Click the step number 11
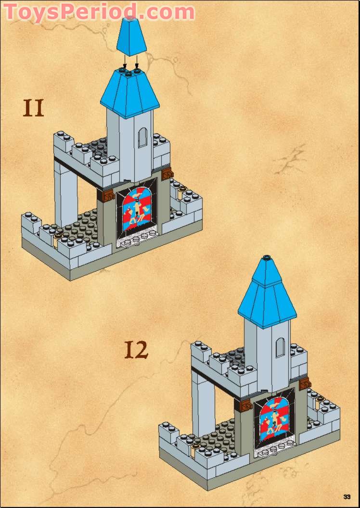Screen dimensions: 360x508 [x=33, y=108]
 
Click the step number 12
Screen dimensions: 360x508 [x=136, y=350]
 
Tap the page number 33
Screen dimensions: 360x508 [x=347, y=496]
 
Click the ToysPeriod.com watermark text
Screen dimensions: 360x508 [x=99, y=13]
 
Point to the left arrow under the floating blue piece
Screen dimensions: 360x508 [x=125, y=62]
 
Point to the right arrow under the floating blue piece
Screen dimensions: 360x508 [x=137, y=62]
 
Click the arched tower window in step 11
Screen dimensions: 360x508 [x=142, y=138]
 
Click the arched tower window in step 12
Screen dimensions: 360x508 [x=280, y=348]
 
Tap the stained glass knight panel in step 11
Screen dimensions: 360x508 [x=137, y=209]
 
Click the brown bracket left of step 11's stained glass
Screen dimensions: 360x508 [x=107, y=195]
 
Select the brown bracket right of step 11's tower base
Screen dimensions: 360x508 [x=167, y=174]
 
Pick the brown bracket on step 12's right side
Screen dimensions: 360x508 [x=305, y=383]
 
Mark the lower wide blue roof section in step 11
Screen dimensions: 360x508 [x=130, y=94]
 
